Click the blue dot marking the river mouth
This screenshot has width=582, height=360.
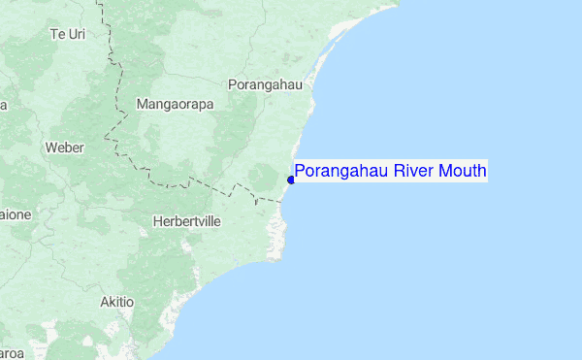(291, 180)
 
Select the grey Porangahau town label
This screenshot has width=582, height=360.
(265, 84)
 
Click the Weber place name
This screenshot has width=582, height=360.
(65, 147)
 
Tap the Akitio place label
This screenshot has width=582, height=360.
(116, 302)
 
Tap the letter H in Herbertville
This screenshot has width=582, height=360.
(157, 221)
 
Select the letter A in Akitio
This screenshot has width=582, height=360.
(105, 302)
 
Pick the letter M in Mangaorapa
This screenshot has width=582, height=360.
(143, 103)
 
